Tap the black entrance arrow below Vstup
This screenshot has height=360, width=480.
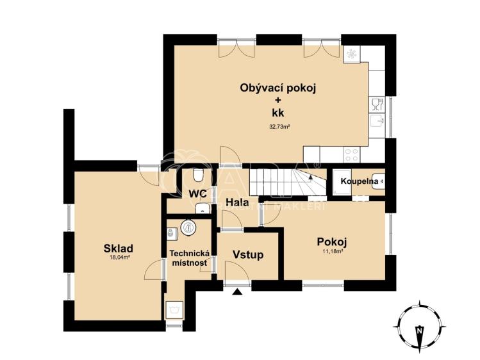(x=238, y=291)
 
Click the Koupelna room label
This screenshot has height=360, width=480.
(x=358, y=181)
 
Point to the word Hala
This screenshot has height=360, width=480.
(x=237, y=204)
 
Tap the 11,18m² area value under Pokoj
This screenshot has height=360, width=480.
(x=332, y=252)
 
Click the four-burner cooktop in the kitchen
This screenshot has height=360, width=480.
(x=351, y=154)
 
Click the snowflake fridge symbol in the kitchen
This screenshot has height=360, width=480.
(x=352, y=55)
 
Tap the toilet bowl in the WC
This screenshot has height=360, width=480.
(x=199, y=174)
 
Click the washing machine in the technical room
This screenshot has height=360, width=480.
(x=174, y=310)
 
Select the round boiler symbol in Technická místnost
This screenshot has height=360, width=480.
(x=188, y=226)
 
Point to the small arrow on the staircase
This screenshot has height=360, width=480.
(x=316, y=165)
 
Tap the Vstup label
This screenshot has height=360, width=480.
(x=247, y=254)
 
